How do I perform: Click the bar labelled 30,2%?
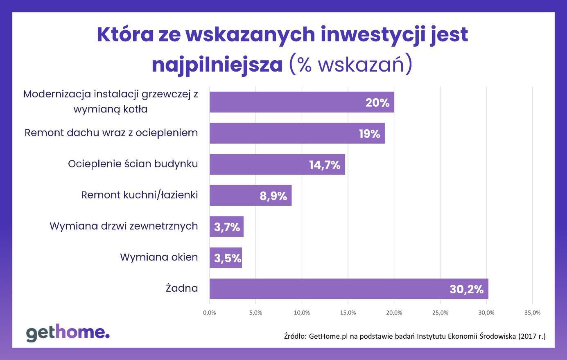point(348,289)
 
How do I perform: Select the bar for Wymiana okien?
point(226,258)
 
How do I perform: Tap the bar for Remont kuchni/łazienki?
point(250,195)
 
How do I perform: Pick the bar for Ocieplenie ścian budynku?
point(277,164)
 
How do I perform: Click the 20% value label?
point(377,103)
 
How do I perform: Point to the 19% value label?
point(369,134)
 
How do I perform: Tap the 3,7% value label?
point(227,227)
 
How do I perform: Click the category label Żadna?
point(182,288)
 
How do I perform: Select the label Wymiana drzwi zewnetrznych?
point(124,226)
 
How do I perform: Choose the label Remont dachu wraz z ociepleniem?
point(111,133)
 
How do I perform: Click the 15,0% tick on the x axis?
point(348,313)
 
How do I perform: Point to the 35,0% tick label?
point(532,313)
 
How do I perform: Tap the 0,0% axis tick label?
point(210,313)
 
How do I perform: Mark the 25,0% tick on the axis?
point(440,313)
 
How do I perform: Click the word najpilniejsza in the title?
point(217,65)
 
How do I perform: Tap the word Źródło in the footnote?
point(295,336)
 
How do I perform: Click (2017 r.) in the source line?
point(532,336)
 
